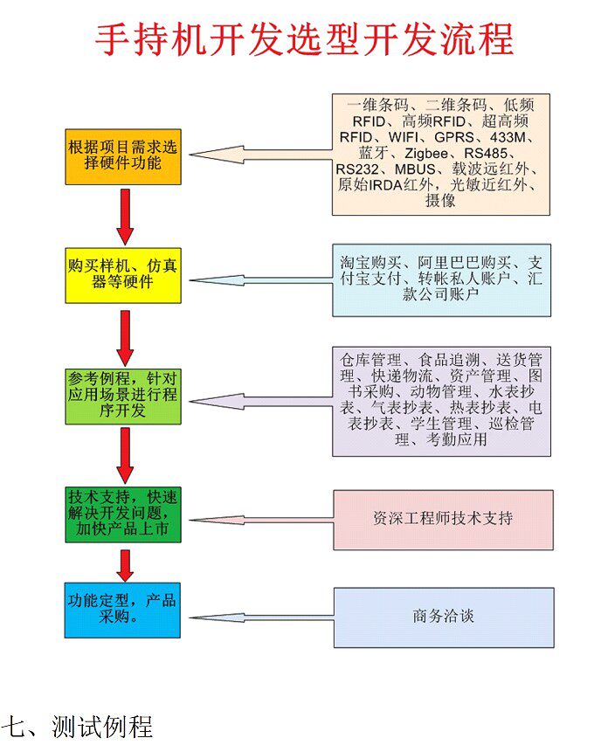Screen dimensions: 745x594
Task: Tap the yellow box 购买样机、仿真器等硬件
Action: click(x=123, y=274)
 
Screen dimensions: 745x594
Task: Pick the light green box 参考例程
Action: click(x=123, y=396)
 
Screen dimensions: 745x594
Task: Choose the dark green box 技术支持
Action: click(x=123, y=514)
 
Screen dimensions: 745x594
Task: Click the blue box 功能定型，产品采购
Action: click(x=123, y=609)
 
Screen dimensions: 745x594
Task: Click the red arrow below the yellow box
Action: click(x=125, y=336)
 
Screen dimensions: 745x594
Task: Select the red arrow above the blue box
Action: click(x=125, y=564)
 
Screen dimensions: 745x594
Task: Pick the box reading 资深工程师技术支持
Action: click(x=443, y=520)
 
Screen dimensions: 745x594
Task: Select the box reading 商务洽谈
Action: click(x=443, y=617)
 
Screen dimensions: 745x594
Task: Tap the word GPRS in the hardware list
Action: click(x=457, y=137)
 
